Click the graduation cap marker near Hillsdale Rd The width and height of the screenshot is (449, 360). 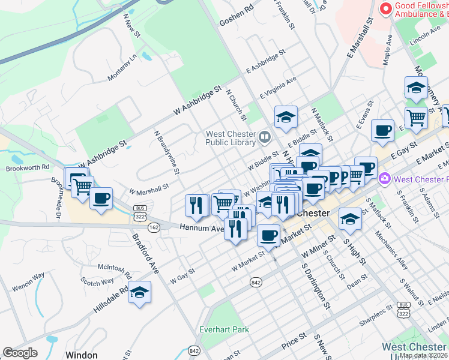click(139, 292)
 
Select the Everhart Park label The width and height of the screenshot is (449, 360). click(224, 329)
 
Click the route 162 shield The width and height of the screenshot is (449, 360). click(154, 227)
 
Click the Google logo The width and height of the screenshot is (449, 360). click(19, 353)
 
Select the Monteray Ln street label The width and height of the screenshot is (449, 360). click(122, 67)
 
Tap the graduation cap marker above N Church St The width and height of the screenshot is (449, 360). click(286, 116)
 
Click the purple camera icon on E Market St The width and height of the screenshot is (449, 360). click(385, 179)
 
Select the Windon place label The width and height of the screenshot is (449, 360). click(81, 355)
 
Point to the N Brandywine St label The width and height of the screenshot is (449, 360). click(166, 152)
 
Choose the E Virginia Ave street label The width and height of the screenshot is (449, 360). click(278, 88)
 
